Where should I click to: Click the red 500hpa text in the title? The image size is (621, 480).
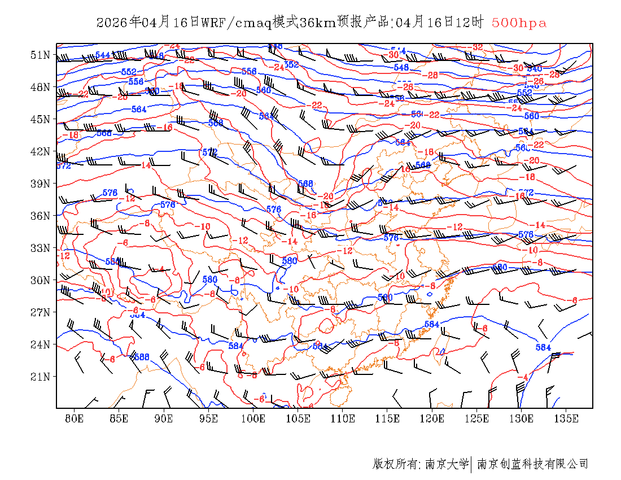(519, 23)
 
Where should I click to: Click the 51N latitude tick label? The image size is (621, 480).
(40, 55)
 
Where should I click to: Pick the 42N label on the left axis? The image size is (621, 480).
(40, 151)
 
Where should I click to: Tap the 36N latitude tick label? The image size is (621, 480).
(40, 216)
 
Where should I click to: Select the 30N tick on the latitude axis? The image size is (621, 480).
(40, 280)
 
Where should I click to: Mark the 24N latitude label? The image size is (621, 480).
(40, 344)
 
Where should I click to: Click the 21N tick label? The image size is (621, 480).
(40, 377)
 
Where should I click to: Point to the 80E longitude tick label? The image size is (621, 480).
(75, 418)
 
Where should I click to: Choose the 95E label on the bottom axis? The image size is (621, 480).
(209, 418)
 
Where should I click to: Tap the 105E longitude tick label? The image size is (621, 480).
(298, 418)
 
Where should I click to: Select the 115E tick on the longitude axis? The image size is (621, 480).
(387, 418)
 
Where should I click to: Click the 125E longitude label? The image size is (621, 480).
(477, 418)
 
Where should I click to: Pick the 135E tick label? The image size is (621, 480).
(566, 418)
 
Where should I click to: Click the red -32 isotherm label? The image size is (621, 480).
(477, 47)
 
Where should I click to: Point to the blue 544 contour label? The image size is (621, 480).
(103, 55)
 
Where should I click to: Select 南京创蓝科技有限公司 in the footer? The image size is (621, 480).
(533, 464)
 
